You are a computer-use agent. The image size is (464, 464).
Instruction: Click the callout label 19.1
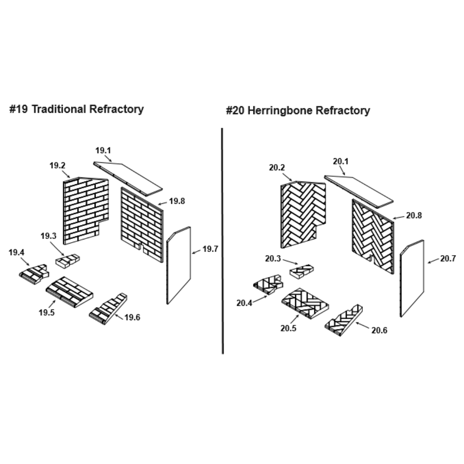(x=103, y=150)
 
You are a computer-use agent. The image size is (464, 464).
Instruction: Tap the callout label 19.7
(x=210, y=249)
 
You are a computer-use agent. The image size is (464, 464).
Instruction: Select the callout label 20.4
(x=245, y=303)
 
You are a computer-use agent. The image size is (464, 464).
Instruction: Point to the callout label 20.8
(x=414, y=215)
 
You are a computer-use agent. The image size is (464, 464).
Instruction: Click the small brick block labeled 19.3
(x=68, y=261)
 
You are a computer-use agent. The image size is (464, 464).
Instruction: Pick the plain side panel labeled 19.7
(x=179, y=265)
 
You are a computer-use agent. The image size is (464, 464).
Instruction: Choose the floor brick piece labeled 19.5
(x=70, y=291)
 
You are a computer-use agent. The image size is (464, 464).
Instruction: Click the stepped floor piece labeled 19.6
(x=109, y=308)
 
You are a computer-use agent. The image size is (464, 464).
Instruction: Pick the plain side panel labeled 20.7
(x=412, y=278)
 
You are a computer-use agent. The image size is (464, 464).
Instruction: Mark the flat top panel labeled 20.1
(x=359, y=190)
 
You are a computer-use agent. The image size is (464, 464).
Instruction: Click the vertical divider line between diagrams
(x=223, y=241)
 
